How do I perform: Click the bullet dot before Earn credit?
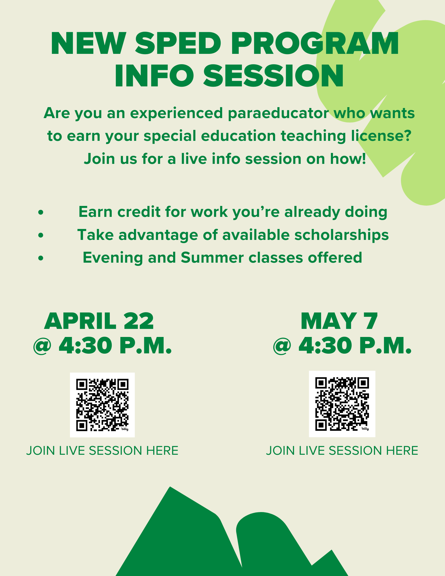pyautogui.click(x=41, y=213)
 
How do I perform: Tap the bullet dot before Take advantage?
pyautogui.click(x=41, y=236)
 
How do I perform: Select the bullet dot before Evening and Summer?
pyautogui.click(x=41, y=258)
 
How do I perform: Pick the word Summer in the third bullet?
pyautogui.click(x=212, y=257)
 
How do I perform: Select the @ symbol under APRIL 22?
pyautogui.click(x=42, y=346)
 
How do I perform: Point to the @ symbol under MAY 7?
pyautogui.click(x=282, y=346)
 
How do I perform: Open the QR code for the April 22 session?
pyautogui.click(x=102, y=405)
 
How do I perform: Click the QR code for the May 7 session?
pyautogui.click(x=342, y=404)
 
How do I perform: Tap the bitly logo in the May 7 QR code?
pyautogui.click(x=365, y=429)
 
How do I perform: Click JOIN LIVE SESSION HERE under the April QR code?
pyautogui.click(x=102, y=451)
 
